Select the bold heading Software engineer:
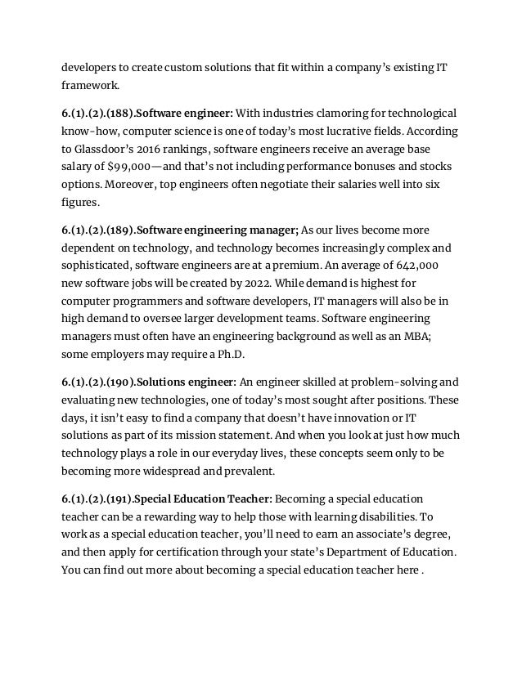point(187,112)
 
